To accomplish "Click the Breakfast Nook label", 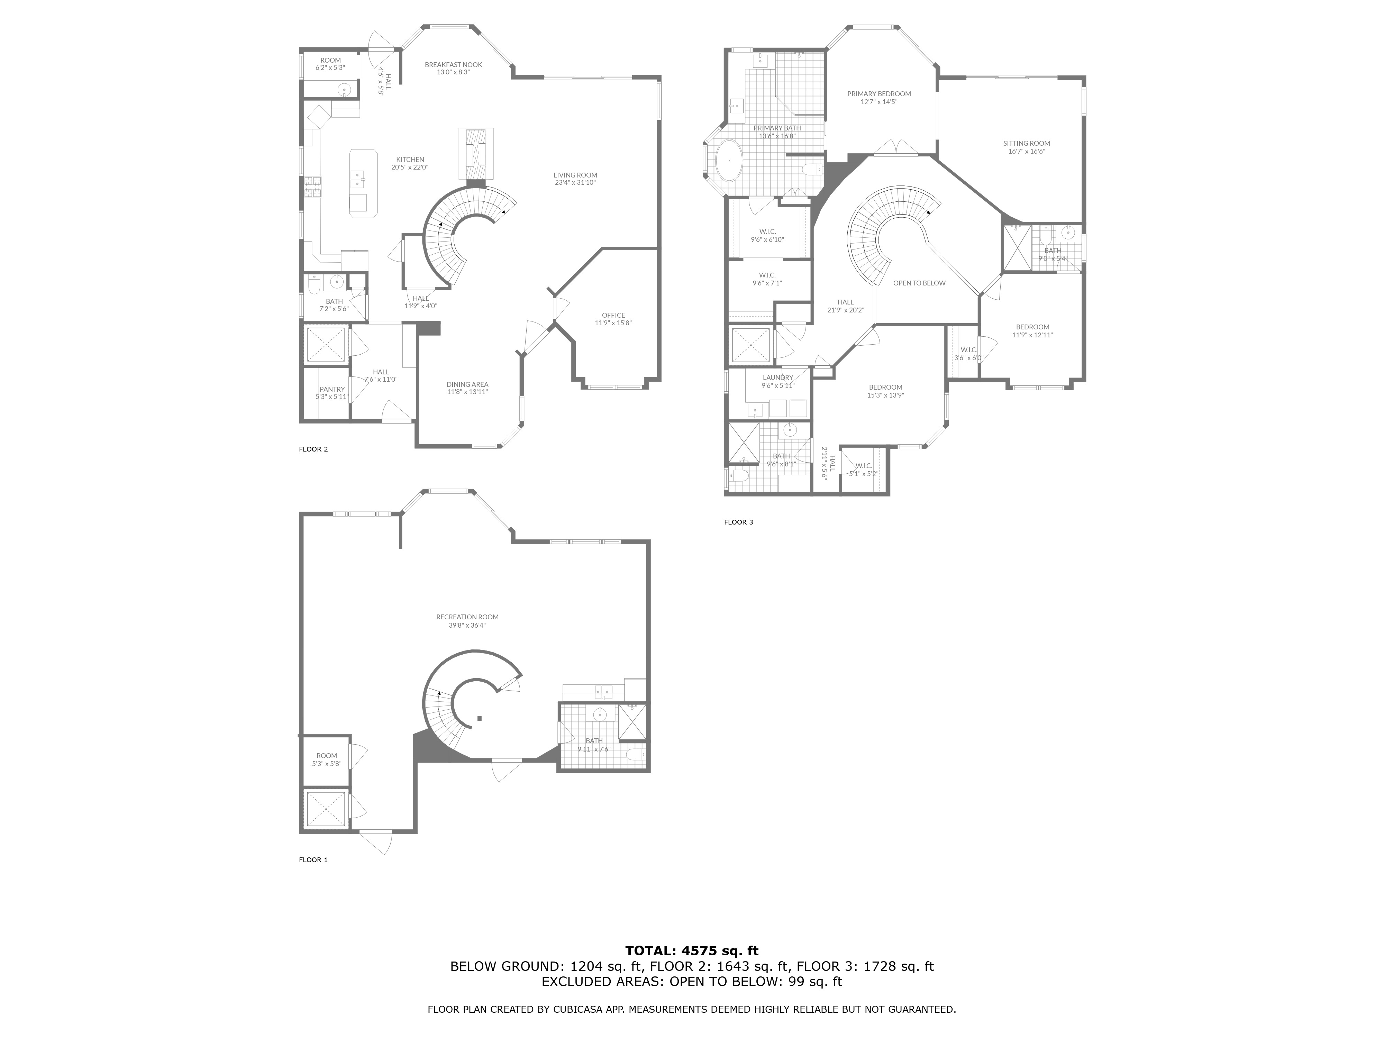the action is (x=453, y=64).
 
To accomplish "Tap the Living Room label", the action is (x=575, y=175).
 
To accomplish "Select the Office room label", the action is (x=613, y=315).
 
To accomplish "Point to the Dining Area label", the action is (x=467, y=384).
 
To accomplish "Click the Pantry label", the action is (x=332, y=389).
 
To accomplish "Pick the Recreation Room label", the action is (x=467, y=617).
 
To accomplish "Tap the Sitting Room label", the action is (x=1027, y=143).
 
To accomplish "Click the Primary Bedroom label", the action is (x=879, y=94).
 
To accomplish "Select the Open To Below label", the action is (x=919, y=283).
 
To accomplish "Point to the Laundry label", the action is (x=778, y=377).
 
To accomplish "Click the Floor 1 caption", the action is (x=313, y=860).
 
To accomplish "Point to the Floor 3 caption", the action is (x=739, y=522).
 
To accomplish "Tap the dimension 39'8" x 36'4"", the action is (x=467, y=625).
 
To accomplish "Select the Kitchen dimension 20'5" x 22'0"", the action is (x=410, y=167).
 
